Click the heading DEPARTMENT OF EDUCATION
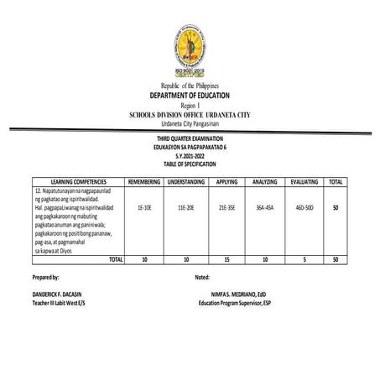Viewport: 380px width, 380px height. click(190, 96)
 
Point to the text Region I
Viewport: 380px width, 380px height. click(190, 106)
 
